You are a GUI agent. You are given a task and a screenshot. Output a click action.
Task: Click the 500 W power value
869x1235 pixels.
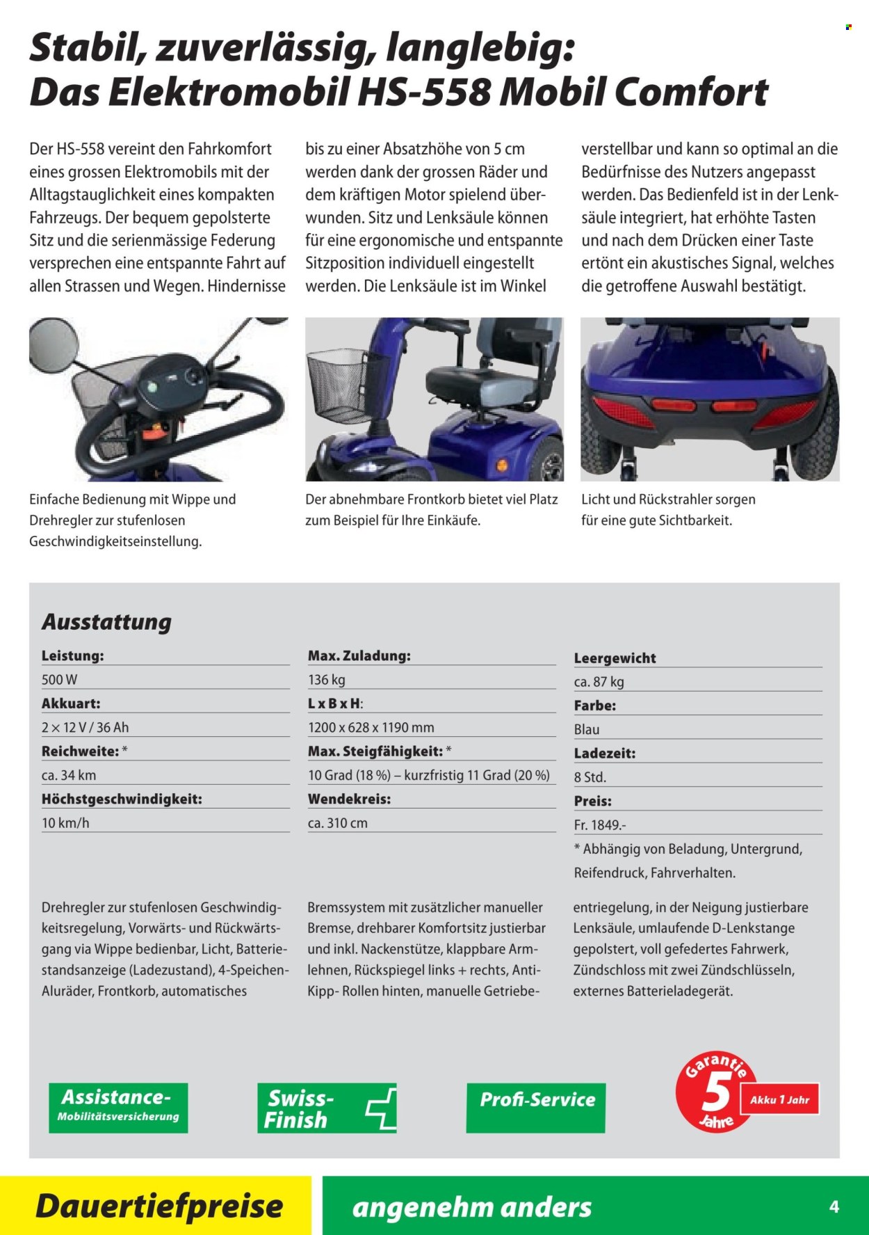60,679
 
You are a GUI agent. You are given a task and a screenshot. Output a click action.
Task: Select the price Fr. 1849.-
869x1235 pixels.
600,824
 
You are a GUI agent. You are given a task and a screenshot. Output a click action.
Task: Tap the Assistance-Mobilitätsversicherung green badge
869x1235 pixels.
118,1107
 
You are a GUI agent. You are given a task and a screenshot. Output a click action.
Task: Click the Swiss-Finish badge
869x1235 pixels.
326,1108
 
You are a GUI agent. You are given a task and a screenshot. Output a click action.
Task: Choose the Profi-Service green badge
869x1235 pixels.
536,1107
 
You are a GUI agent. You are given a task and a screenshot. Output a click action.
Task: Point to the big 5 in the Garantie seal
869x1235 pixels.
715,1093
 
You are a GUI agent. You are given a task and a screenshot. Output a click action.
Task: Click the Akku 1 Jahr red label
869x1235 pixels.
779,1100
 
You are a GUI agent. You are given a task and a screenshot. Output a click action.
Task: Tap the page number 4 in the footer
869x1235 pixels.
834,1206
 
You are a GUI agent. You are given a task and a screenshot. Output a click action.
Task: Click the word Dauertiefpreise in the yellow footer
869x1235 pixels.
159,1206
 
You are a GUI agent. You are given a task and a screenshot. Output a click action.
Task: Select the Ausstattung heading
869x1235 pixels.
106,621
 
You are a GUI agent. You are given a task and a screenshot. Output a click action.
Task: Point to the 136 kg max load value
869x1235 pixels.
327,679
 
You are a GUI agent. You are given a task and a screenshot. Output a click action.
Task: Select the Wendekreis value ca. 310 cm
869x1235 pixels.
338,822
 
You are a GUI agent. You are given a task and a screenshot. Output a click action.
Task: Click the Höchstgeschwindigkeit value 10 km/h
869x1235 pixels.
65,822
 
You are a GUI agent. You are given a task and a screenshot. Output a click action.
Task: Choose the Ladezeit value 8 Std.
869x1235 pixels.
590,777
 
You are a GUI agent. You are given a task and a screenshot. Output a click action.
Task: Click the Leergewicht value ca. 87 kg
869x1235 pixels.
599,682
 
